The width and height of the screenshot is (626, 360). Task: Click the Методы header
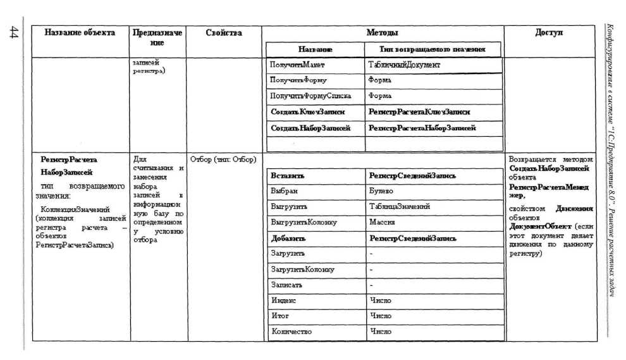pyautogui.click(x=383, y=32)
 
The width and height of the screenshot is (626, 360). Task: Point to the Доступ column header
pyautogui.click(x=548, y=32)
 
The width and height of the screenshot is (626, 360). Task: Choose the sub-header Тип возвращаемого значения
pyautogui.click(x=433, y=49)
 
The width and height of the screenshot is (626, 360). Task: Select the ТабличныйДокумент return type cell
pyautogui.click(x=404, y=65)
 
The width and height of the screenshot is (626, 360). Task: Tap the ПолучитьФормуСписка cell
pyautogui.click(x=310, y=96)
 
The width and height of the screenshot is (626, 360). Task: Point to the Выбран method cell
pyautogui.click(x=284, y=190)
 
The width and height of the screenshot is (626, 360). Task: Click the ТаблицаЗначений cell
pyautogui.click(x=400, y=206)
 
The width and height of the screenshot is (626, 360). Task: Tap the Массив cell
pyautogui.click(x=383, y=223)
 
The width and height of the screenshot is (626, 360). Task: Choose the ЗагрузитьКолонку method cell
pyautogui.click(x=302, y=270)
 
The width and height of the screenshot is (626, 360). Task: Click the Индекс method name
pyautogui.click(x=283, y=301)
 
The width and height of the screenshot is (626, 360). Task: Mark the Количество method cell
pyautogui.click(x=291, y=331)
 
